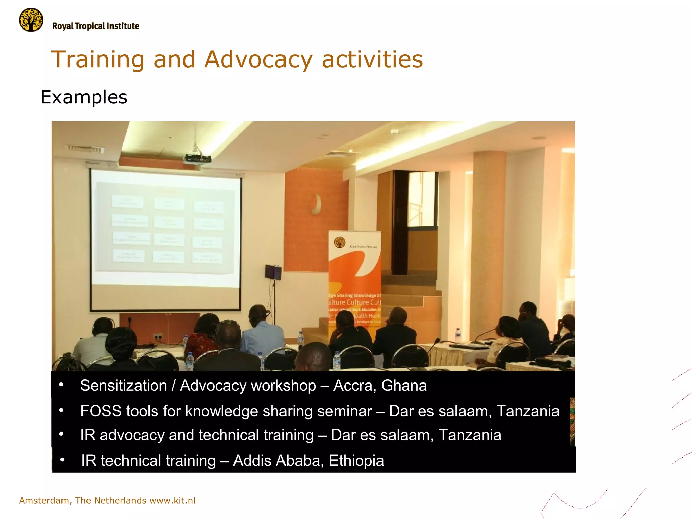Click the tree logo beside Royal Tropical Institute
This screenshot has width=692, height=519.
31,20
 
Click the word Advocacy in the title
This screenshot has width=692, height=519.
258,59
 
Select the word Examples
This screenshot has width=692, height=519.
84,97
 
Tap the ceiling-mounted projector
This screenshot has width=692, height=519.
197,158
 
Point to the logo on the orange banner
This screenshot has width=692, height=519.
339,242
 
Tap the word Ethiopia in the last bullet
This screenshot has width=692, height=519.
356,461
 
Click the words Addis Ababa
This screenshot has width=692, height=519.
278,461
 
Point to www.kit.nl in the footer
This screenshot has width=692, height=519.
172,500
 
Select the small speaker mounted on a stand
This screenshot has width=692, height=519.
273,272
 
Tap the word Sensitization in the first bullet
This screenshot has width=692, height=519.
123,386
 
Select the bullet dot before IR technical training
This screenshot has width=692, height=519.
62,460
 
